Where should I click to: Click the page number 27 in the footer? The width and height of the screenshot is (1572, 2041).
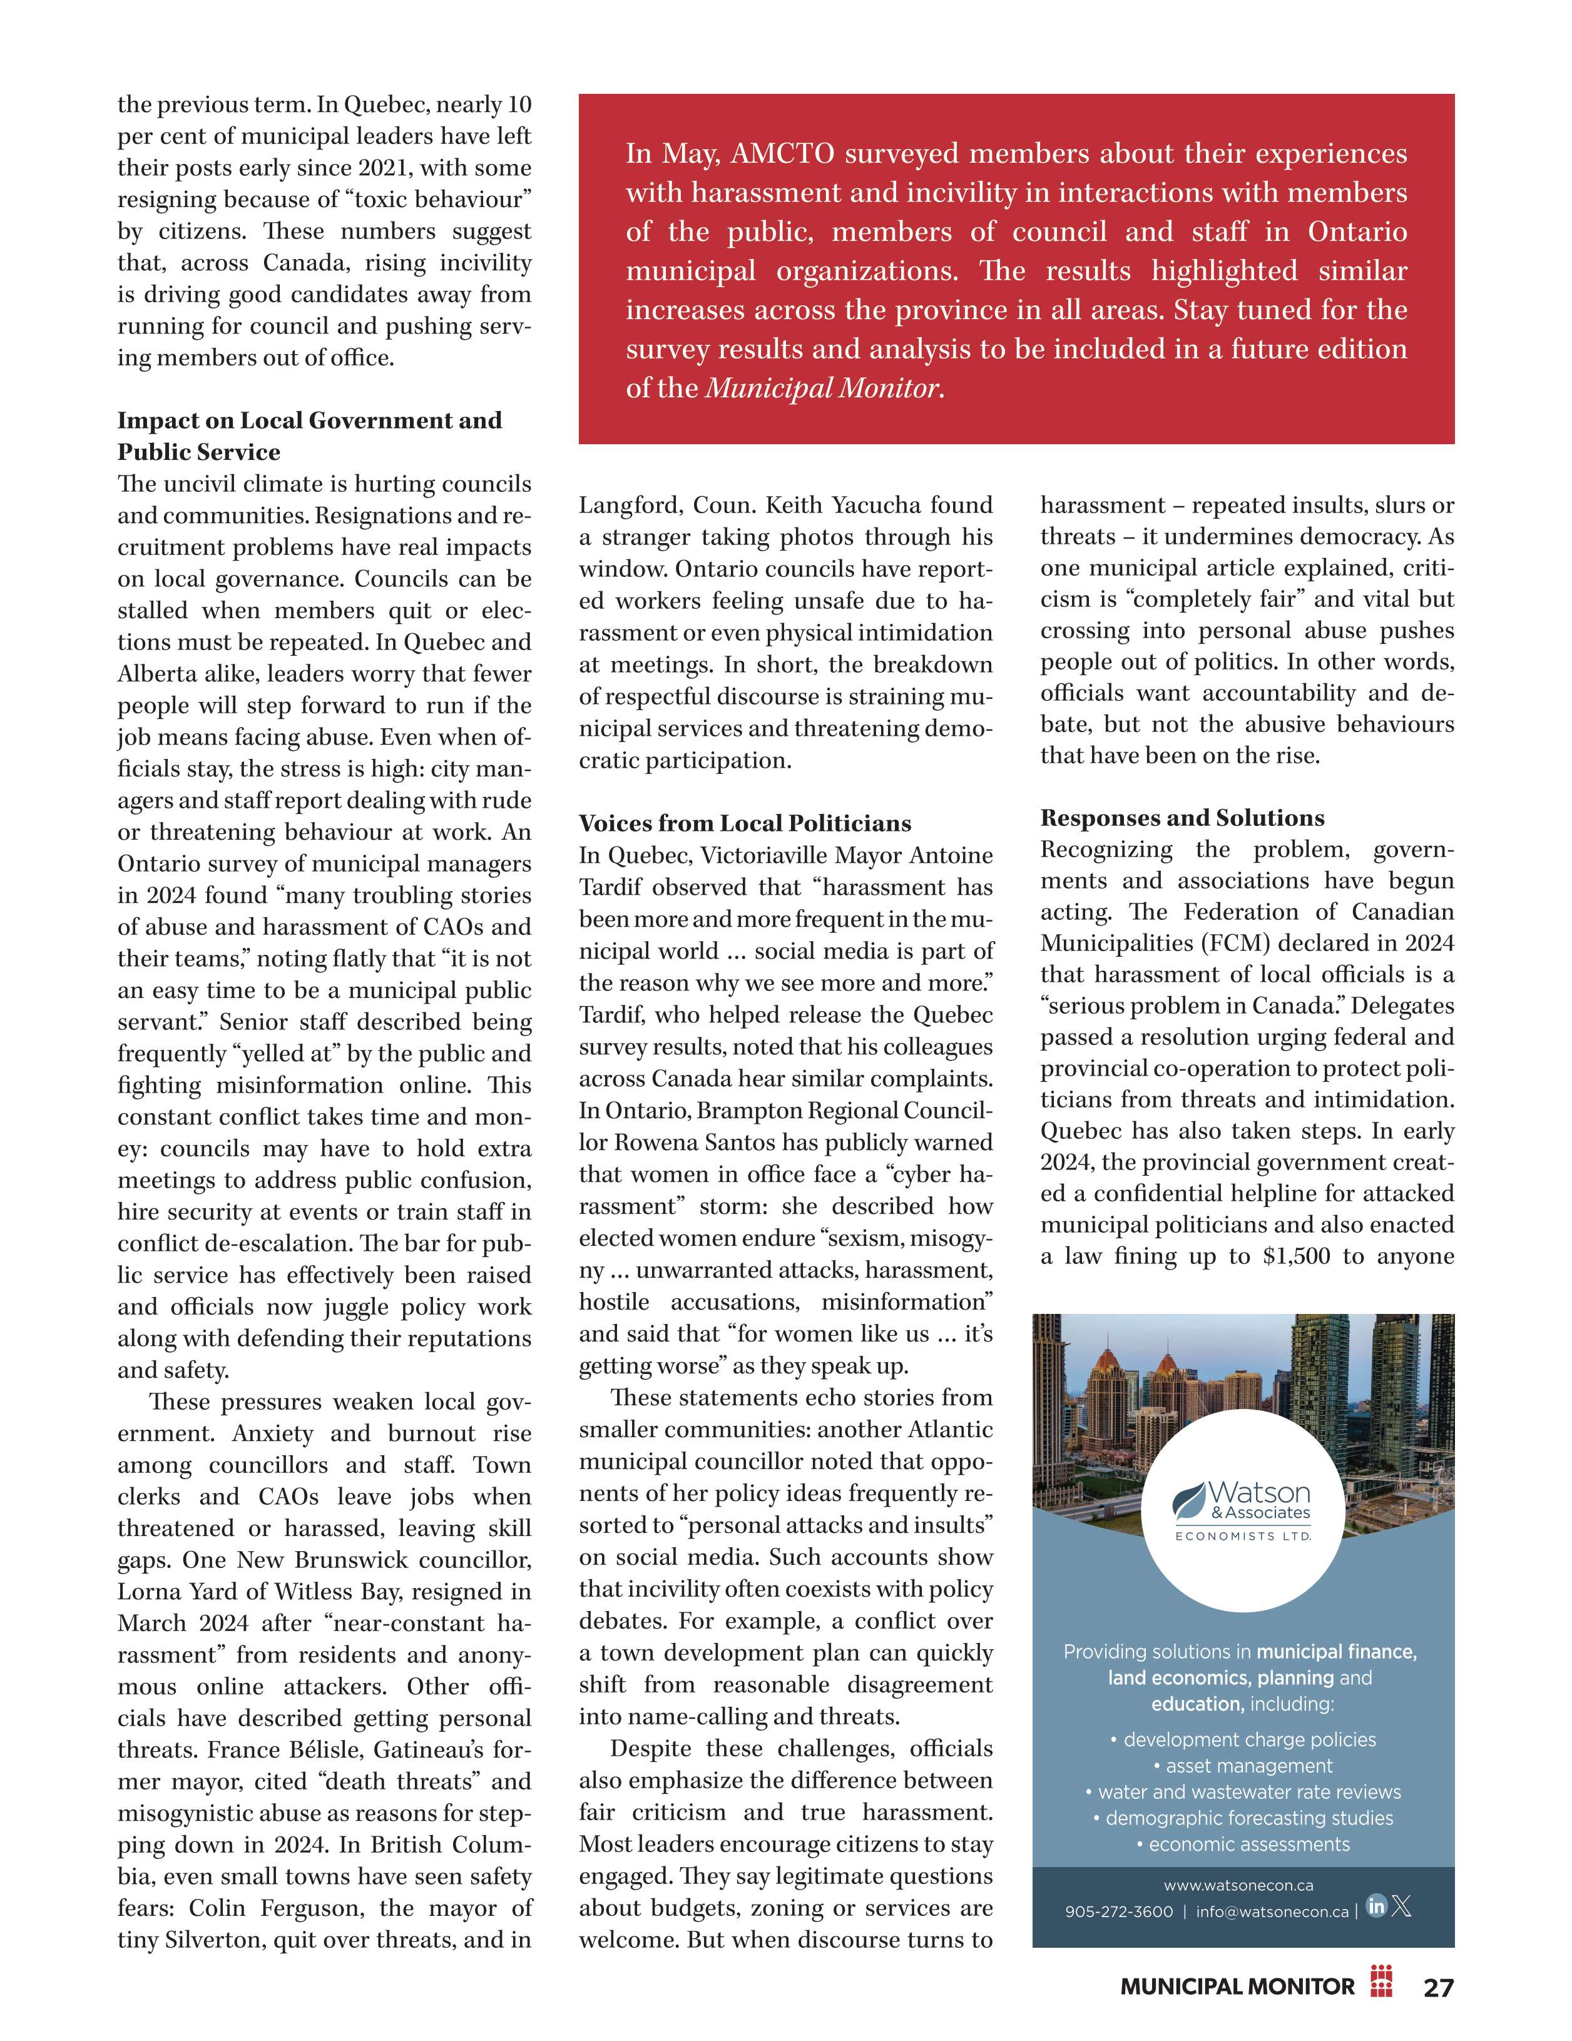tap(1438, 1987)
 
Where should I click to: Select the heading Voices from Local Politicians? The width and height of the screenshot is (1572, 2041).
tap(745, 823)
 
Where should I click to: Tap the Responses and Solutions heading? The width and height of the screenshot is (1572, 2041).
tap(1182, 818)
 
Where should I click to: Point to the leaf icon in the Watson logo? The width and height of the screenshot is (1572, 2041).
tap(1190, 1500)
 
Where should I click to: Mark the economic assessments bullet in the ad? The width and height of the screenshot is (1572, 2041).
tap(1243, 1845)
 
